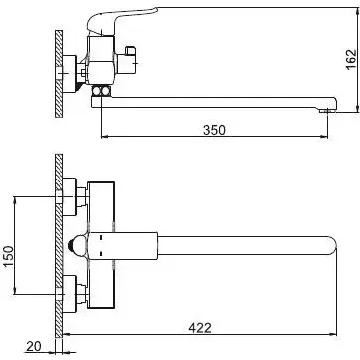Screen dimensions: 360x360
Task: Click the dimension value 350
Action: [x=214, y=130]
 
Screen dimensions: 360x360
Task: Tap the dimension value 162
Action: [x=351, y=60]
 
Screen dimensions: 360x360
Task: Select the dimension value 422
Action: [x=200, y=328]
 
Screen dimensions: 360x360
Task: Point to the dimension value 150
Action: [x=9, y=257]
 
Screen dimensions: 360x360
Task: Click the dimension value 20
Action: [x=33, y=346]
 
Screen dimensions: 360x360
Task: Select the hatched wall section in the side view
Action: [x=59, y=73]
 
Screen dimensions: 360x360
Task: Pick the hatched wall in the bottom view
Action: [x=59, y=246]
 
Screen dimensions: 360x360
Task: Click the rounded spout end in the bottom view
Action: [x=331, y=246]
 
